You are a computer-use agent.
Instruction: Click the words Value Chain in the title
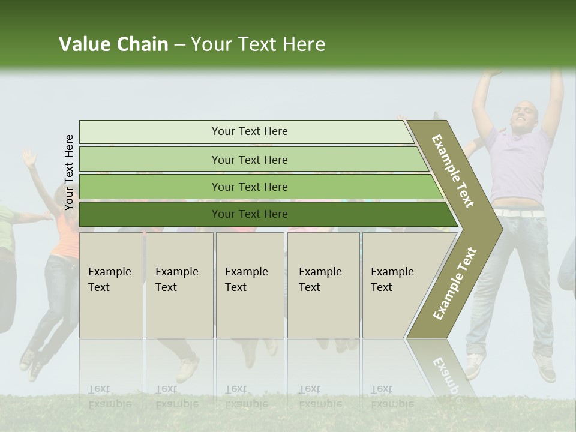pyautogui.click(x=113, y=44)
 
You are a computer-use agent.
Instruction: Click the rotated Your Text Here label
pyautogui.click(x=69, y=172)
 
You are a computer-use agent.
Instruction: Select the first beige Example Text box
pyautogui.click(x=111, y=285)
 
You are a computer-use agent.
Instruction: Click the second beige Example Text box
pyautogui.click(x=179, y=285)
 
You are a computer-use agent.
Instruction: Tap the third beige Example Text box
pyautogui.click(x=250, y=285)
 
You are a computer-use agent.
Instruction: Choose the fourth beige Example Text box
pyautogui.click(x=323, y=285)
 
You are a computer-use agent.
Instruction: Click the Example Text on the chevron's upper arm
pyautogui.click(x=453, y=171)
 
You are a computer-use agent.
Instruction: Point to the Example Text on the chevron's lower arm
pyautogui.click(x=455, y=283)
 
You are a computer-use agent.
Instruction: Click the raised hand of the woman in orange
pyautogui.click(x=28, y=157)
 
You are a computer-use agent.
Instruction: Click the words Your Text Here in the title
pyautogui.click(x=258, y=44)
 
